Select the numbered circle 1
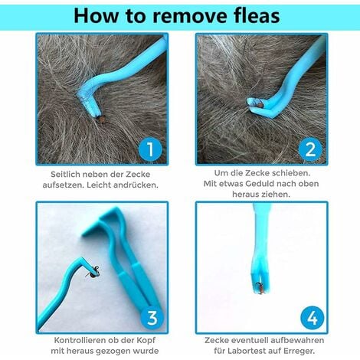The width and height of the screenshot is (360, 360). [x=150, y=149]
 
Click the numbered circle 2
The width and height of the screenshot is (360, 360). [x=310, y=149]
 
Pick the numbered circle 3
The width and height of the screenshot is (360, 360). [x=152, y=318]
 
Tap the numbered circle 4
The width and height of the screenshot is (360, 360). [x=313, y=318]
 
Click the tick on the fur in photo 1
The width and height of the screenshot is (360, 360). [x=102, y=119]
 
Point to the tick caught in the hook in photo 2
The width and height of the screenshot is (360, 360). [x=260, y=104]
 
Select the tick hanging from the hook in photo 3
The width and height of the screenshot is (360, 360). [x=93, y=273]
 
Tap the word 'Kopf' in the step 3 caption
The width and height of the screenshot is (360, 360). [x=146, y=341]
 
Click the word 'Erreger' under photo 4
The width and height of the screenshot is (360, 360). [x=299, y=351]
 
